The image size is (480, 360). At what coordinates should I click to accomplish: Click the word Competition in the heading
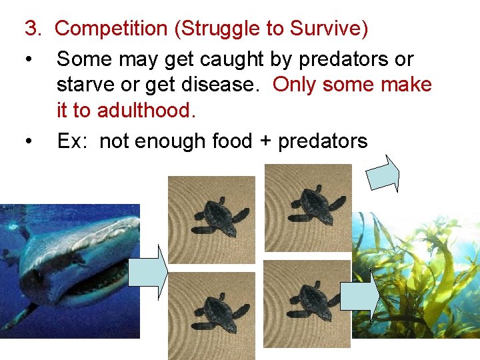click(111, 29)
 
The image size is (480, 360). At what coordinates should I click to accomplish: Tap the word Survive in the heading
click(327, 29)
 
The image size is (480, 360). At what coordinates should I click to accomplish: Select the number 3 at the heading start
click(31, 29)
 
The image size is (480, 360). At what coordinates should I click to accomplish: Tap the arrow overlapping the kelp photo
click(360, 294)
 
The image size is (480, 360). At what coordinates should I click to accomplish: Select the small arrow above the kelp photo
click(383, 173)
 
